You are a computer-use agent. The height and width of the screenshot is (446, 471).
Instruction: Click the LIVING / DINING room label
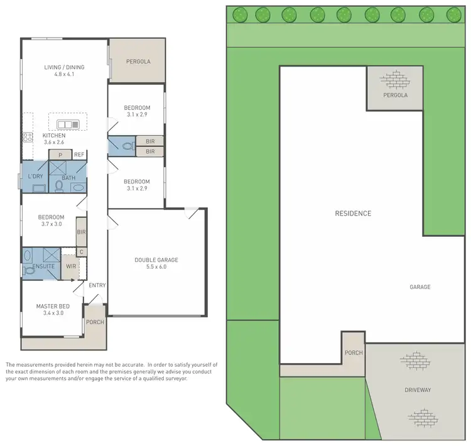[64, 67]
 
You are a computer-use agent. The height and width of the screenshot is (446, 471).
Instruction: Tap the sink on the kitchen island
[63, 124]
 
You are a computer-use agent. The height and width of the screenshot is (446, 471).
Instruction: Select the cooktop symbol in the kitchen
[28, 137]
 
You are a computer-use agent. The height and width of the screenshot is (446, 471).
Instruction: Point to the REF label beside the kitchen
[79, 155]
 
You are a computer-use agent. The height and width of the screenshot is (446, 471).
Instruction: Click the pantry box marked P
[60, 155]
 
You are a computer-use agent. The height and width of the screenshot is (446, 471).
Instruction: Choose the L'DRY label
[35, 177]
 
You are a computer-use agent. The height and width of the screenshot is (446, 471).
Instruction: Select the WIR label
[70, 266]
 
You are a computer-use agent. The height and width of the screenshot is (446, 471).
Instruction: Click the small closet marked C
[81, 252]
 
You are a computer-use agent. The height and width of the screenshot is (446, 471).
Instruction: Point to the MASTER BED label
[52, 306]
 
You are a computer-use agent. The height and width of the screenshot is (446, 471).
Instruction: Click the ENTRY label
[97, 285]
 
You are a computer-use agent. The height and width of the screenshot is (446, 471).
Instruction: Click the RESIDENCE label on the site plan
[352, 213]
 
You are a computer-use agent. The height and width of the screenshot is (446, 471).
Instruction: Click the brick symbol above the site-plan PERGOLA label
[394, 80]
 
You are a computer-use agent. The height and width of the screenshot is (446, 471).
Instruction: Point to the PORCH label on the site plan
[354, 352]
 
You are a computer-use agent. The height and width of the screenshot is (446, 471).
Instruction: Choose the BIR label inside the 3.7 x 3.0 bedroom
[81, 232]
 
